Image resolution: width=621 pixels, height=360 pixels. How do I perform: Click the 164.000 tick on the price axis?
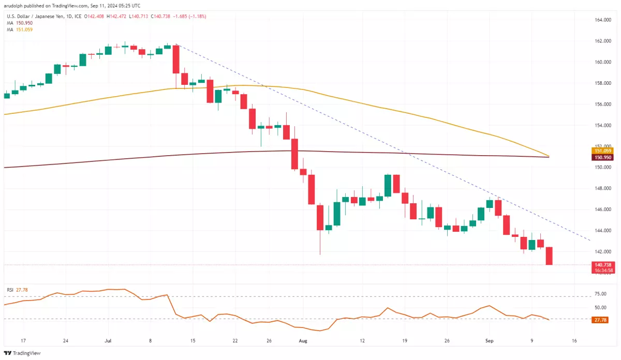(600, 20)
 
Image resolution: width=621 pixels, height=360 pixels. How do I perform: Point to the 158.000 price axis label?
(600, 83)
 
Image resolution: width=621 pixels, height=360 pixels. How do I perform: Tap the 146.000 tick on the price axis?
(600, 209)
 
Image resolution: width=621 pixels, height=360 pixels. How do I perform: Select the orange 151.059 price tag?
(602, 151)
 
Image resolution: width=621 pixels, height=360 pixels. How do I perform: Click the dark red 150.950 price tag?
(602, 157)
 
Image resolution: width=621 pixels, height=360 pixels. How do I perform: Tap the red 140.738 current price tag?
(602, 264)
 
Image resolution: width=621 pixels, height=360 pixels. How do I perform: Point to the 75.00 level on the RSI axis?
(600, 294)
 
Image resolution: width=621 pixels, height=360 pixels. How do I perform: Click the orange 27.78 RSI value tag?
(600, 320)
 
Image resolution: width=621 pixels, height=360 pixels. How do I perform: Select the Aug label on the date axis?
(303, 341)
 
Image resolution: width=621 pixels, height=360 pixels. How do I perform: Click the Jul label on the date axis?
(108, 341)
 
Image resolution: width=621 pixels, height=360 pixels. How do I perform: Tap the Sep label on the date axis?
(489, 341)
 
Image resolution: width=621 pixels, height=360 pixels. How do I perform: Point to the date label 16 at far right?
(575, 341)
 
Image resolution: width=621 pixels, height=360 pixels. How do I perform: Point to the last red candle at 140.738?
(549, 256)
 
